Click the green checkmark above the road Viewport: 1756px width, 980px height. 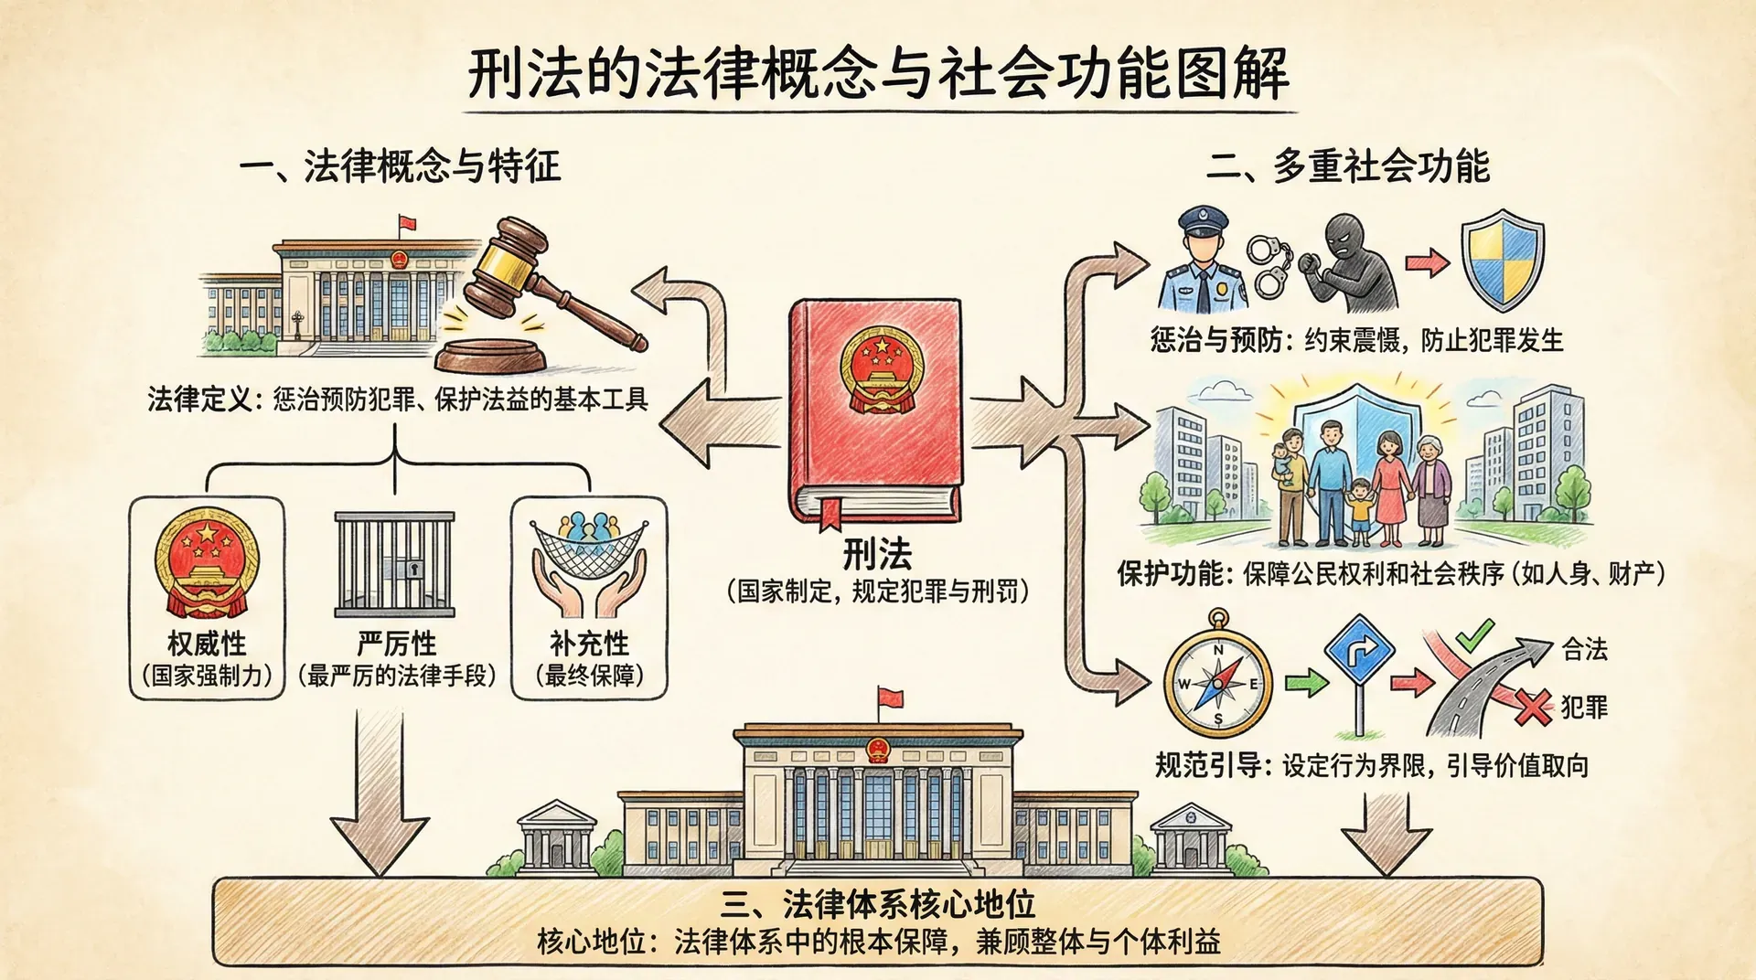tap(1473, 634)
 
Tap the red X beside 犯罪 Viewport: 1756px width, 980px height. tap(1532, 707)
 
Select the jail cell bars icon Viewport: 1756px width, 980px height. tap(394, 564)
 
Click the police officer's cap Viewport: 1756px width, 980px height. tap(1203, 220)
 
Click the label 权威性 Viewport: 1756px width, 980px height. tap(207, 644)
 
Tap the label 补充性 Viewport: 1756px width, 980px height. tap(589, 644)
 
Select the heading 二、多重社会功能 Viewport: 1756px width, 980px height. tap(1348, 166)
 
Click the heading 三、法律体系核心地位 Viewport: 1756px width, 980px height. tap(877, 904)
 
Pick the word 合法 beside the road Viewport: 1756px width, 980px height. tap(1584, 649)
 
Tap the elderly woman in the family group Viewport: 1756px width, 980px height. tap(1431, 485)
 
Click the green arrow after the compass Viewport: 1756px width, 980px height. tap(1305, 682)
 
